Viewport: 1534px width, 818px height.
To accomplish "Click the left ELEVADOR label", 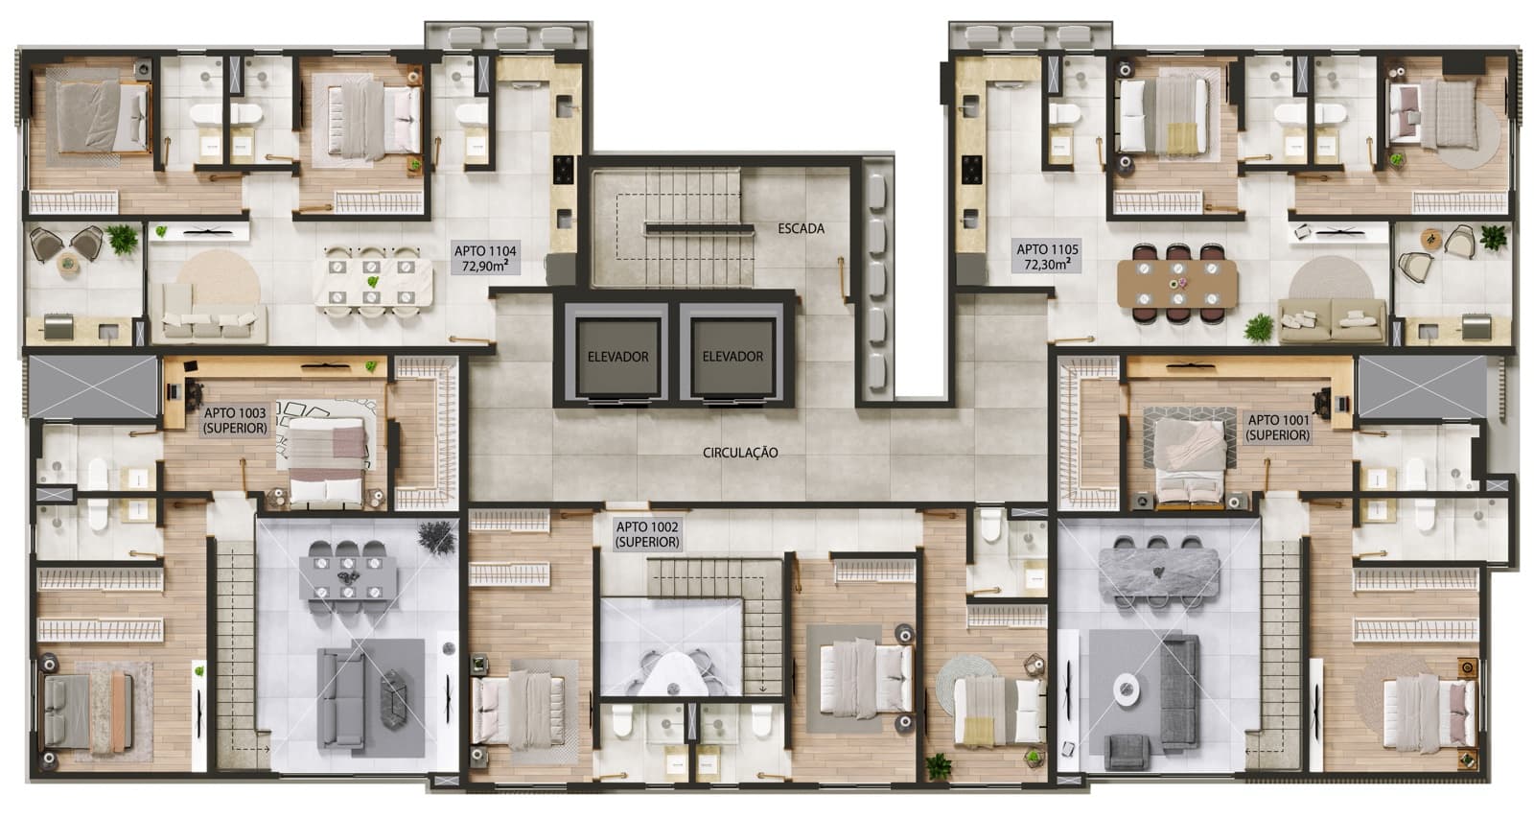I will point(617,356).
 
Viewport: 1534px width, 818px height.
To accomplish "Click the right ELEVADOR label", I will point(732,356).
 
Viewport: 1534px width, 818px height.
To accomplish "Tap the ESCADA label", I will point(801,228).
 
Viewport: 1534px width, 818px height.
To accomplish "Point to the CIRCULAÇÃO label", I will point(740,453).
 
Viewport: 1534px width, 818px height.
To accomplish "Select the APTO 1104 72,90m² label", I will point(485,257).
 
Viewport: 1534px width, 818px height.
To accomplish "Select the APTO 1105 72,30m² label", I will point(1048,257).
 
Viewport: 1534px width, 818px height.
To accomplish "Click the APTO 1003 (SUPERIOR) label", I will point(235,421).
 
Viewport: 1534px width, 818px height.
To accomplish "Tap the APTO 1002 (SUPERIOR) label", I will point(647,534).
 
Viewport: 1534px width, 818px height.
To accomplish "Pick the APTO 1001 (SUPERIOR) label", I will point(1278,428).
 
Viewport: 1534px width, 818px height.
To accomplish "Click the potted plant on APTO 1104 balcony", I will point(122,238).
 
